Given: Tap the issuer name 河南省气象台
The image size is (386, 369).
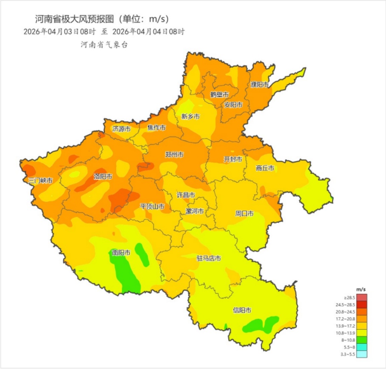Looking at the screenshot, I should tap(104, 45).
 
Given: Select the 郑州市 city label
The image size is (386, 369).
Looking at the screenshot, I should tap(174, 155).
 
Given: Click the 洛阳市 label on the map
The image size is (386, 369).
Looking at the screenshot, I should tap(103, 176).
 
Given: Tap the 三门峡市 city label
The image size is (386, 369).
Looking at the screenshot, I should tap(40, 181).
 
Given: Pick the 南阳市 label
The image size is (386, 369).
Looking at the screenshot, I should tap(121, 253).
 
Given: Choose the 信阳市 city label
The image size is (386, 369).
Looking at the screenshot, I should tap(242, 310).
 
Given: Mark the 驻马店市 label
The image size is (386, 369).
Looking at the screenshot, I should tap(208, 258).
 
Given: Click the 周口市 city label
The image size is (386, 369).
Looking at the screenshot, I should tap(244, 213).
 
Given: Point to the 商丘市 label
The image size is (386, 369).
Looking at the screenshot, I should tap(265, 168).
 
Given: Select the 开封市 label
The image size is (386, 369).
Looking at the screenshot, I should tap(233, 159).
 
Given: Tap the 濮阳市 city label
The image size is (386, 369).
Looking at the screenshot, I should tap(260, 85).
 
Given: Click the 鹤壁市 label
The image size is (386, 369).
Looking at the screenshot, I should tap(219, 94).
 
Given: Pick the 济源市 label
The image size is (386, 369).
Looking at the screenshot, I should tap(122, 129).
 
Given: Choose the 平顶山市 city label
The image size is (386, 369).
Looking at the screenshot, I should tap(152, 207).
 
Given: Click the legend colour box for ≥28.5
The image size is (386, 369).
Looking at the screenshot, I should tap(361, 298).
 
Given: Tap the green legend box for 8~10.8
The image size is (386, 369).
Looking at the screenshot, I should tap(361, 340).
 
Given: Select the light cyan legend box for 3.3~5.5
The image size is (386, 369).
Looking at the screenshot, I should tap(361, 354).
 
